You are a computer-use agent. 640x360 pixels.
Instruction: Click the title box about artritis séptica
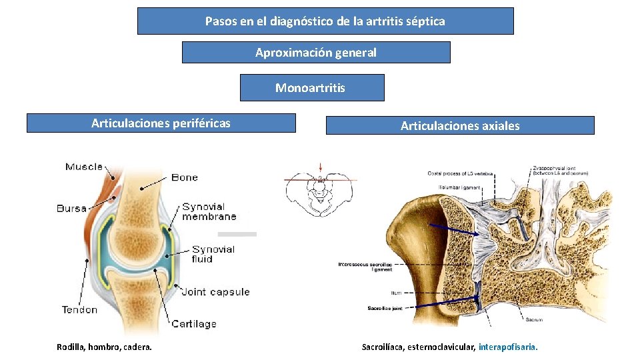point(325,21)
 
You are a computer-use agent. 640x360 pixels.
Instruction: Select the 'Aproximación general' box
point(316,53)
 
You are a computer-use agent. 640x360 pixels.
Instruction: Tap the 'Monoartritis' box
point(311,88)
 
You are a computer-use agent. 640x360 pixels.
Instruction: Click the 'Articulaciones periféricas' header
point(161,123)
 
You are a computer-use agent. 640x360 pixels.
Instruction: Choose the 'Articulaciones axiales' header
point(460,126)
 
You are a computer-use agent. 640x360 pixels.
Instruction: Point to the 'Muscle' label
point(84,167)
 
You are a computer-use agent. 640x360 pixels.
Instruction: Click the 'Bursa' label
point(72,208)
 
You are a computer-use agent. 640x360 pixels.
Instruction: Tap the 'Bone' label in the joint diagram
point(185,177)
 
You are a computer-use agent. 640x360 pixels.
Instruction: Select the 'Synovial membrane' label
point(209,211)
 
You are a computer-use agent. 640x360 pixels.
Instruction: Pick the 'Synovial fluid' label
point(213,253)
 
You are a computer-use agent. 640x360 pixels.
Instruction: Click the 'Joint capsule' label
point(215,292)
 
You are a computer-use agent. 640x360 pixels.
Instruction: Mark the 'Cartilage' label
point(194,324)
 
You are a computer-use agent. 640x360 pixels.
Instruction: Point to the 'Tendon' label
point(79,309)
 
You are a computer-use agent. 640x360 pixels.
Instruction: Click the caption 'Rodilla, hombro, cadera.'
point(104,347)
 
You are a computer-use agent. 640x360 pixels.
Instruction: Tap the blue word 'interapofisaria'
point(507,347)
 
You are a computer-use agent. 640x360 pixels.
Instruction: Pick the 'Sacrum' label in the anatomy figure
point(533,320)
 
